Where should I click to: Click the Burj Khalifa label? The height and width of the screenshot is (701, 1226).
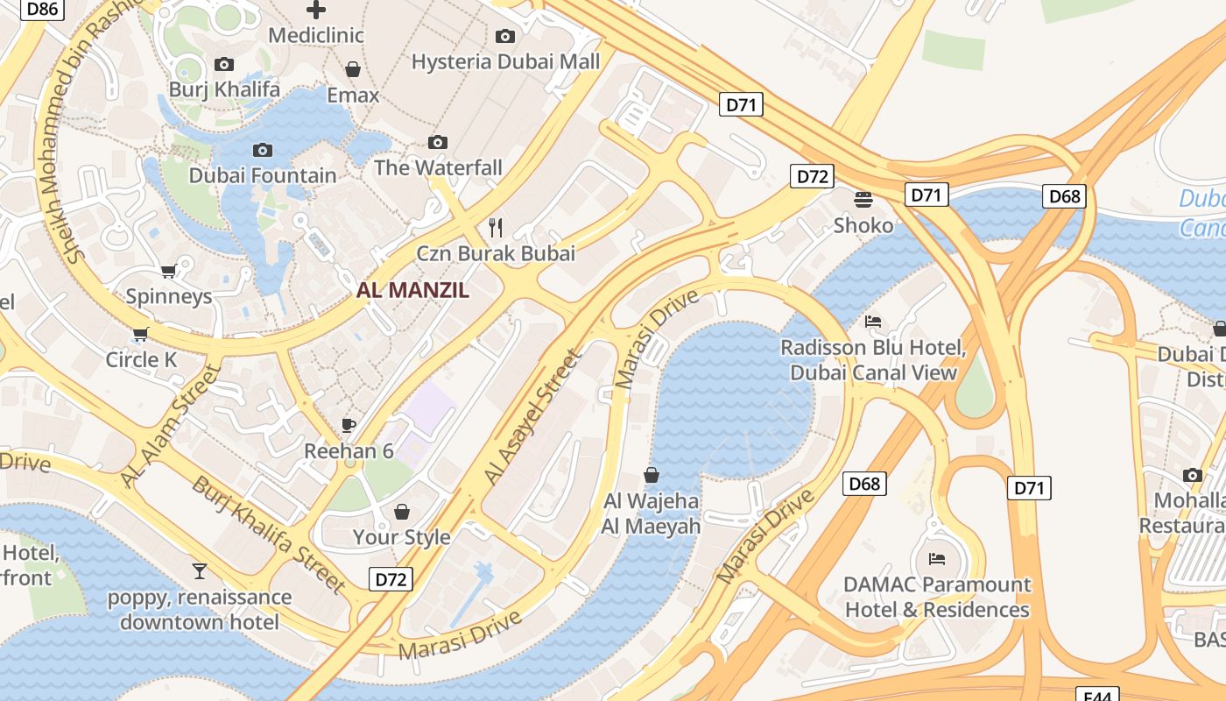click(224, 89)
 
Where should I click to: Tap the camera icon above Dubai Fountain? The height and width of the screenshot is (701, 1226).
click(262, 151)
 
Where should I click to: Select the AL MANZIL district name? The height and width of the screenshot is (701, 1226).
click(412, 290)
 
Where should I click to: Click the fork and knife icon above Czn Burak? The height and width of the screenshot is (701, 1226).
click(496, 228)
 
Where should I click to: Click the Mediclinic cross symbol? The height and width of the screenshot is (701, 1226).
click(315, 10)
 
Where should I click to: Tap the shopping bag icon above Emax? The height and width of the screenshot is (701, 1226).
click(353, 69)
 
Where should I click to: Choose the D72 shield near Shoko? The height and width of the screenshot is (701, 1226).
click(812, 176)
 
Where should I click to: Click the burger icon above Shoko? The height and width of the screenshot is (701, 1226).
click(863, 199)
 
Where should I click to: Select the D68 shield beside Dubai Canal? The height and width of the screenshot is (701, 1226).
click(1064, 196)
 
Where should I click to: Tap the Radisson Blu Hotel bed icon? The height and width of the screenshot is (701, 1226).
click(872, 322)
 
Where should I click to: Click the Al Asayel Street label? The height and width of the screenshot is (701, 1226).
click(532, 417)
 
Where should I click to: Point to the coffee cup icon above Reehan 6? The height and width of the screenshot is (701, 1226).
click(349, 426)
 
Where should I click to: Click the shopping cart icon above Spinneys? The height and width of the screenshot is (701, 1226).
click(169, 271)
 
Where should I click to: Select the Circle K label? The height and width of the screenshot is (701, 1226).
click(141, 359)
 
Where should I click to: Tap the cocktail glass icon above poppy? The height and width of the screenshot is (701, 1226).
click(200, 571)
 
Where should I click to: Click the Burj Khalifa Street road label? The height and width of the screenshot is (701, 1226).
click(268, 534)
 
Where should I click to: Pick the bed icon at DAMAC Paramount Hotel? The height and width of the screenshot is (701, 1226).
click(936, 558)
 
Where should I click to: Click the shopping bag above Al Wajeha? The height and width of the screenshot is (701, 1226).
click(651, 476)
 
